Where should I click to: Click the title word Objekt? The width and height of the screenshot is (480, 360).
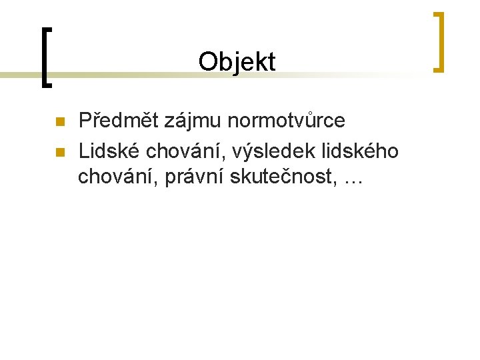(237, 62)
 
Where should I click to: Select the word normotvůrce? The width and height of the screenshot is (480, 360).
(287, 121)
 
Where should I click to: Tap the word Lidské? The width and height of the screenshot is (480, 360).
(109, 151)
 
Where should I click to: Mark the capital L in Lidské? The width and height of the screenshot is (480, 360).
(83, 151)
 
